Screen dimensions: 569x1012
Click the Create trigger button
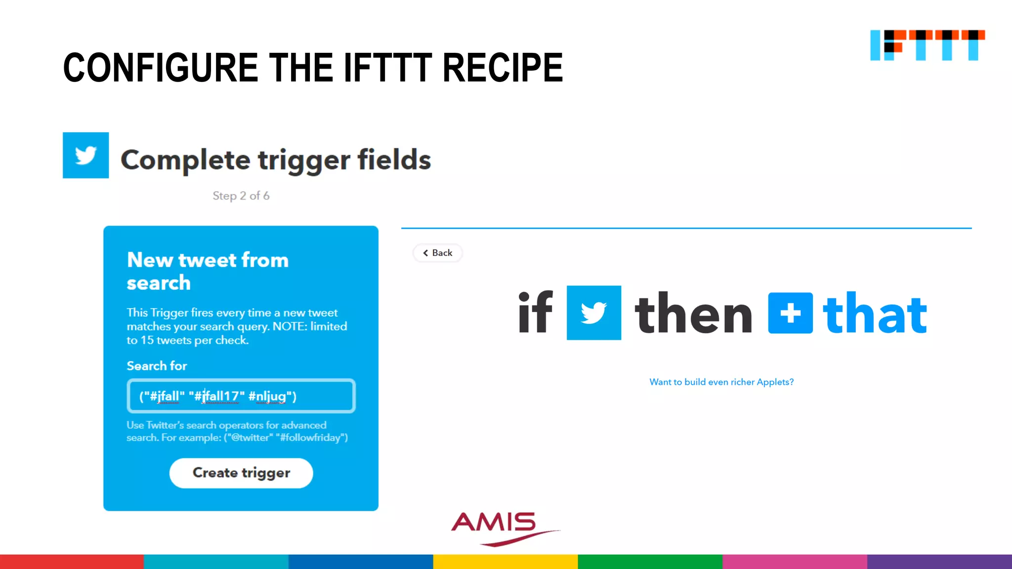(x=241, y=473)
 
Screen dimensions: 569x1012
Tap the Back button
(x=437, y=253)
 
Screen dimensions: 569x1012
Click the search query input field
(x=241, y=396)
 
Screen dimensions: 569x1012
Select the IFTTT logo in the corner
(x=927, y=45)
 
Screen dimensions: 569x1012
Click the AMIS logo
(x=499, y=528)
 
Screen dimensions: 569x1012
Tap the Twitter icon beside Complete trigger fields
(x=85, y=155)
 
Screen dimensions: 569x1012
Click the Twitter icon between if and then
(x=593, y=313)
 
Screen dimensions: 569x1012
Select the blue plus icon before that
(x=790, y=313)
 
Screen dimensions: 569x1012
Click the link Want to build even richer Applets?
(x=721, y=382)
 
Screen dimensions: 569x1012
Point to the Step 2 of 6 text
(x=241, y=196)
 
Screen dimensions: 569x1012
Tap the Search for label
(x=157, y=366)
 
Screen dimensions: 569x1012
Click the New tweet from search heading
(x=208, y=271)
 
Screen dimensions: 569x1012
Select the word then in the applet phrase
(x=693, y=314)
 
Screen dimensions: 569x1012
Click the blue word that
(x=875, y=314)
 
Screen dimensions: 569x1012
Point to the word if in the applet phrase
(x=535, y=313)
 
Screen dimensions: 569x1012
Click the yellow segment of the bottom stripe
(x=506, y=562)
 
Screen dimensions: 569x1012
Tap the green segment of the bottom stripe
(x=650, y=562)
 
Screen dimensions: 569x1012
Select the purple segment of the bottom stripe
(x=939, y=562)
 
